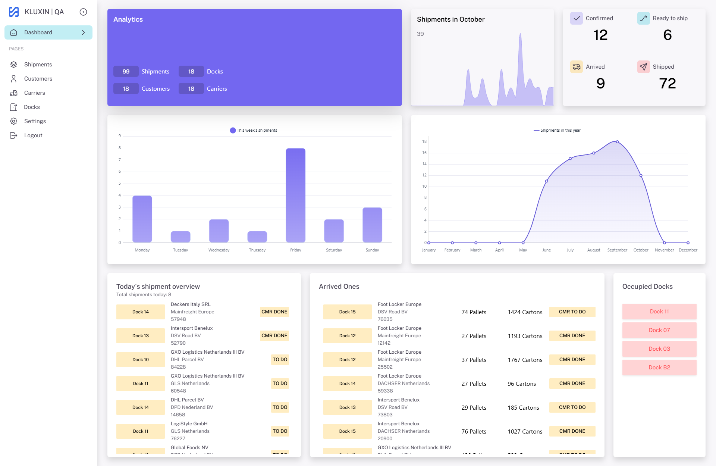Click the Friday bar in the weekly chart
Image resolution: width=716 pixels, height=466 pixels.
(x=295, y=195)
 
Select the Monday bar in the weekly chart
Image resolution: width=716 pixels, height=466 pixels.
(x=142, y=219)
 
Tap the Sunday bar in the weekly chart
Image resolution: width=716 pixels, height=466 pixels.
(x=372, y=225)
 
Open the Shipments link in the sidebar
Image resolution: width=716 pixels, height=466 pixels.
(x=38, y=65)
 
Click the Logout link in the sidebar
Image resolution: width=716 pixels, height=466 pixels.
(x=33, y=135)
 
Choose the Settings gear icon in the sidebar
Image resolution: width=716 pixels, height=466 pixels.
(x=14, y=121)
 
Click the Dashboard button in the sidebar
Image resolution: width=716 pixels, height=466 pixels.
(x=48, y=32)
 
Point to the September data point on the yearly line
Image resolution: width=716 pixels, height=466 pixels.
(x=617, y=142)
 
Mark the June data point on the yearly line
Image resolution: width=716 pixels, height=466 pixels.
(x=547, y=181)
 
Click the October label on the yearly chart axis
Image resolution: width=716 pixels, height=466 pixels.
(x=641, y=250)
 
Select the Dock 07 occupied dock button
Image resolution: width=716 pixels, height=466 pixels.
(x=659, y=330)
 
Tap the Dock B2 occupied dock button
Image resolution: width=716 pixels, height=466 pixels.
(x=659, y=368)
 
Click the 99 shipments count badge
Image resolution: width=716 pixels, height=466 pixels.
(x=126, y=71)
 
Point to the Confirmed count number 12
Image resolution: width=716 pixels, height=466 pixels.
(x=600, y=35)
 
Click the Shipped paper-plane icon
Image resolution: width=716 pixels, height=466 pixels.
(x=643, y=67)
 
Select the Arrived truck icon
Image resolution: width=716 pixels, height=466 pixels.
(x=576, y=67)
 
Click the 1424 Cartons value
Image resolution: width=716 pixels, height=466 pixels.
(x=525, y=312)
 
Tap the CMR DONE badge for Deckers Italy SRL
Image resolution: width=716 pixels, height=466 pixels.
(x=274, y=312)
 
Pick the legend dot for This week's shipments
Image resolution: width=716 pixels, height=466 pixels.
(x=233, y=130)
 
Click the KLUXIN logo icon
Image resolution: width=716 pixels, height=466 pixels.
(x=14, y=12)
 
